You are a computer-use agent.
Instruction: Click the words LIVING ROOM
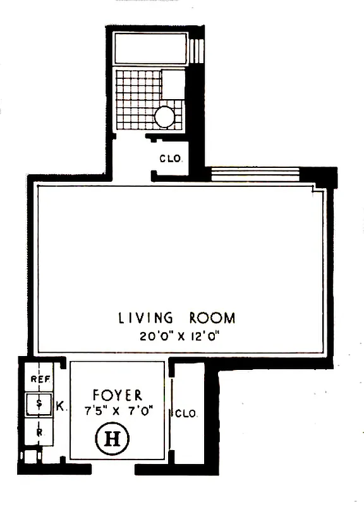[x=176, y=318]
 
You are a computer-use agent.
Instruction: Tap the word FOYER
[x=117, y=395]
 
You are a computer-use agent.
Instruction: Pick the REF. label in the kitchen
[x=40, y=379]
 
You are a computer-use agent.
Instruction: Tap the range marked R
[x=39, y=433]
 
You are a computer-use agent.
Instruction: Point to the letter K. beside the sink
[x=60, y=407]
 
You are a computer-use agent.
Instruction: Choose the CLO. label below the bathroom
[x=170, y=159]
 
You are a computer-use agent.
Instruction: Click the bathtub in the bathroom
[x=151, y=48]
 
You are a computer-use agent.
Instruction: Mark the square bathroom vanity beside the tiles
[x=173, y=83]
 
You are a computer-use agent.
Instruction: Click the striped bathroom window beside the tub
[x=197, y=49]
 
